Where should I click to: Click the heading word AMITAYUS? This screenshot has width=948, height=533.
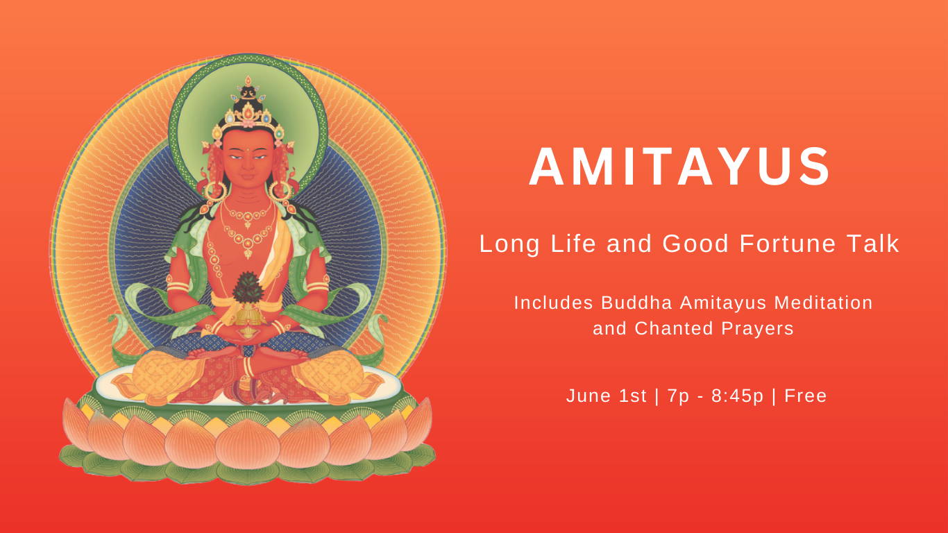point(679,167)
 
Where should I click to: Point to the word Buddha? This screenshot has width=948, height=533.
point(636,303)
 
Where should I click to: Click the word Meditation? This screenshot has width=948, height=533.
point(823,303)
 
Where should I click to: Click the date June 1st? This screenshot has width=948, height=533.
point(606,396)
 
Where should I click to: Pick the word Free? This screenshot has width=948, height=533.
point(805,396)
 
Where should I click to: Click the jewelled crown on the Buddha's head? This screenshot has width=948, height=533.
point(248,107)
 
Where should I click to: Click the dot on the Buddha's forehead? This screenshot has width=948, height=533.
point(246,149)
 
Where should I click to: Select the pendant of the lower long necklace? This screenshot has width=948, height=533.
point(248,254)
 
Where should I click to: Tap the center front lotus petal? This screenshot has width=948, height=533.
point(248,445)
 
